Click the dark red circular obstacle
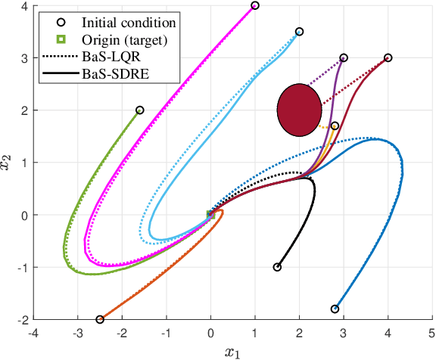tap(299, 110)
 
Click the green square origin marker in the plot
tap(210, 215)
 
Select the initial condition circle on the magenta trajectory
tap(255, 5)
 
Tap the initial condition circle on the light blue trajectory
tap(299, 32)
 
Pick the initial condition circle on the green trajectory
tap(139, 110)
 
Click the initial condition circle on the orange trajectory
tap(100, 319)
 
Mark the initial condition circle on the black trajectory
tap(277, 267)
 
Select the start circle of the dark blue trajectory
tap(335, 309)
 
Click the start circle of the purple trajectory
tap(344, 57)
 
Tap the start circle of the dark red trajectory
tap(388, 57)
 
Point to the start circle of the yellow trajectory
tap(335, 126)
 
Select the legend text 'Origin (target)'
tap(114, 39)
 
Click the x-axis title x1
tap(233, 352)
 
